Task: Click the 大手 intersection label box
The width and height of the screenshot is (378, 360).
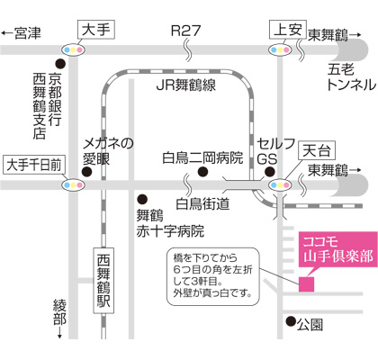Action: coord(96,30)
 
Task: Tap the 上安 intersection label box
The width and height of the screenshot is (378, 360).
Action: coord(288,30)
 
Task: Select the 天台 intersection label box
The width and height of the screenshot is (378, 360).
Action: coord(317,150)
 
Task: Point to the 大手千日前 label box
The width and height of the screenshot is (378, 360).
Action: coord(34,165)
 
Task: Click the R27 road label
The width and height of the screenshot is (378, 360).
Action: coord(185,31)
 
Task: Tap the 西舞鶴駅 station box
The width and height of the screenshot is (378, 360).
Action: coord(103,281)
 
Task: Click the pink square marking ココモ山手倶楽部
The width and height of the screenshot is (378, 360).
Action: coord(306,284)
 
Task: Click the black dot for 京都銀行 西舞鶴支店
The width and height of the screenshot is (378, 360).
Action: coord(60,63)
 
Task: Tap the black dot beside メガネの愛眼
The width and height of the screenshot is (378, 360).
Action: coord(87,172)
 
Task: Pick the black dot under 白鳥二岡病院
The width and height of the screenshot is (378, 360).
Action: coord(202,172)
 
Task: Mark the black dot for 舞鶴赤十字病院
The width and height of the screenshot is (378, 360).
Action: coord(142,199)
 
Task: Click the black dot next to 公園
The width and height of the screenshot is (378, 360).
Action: coord(291,321)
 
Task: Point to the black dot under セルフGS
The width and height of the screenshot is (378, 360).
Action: coord(270,172)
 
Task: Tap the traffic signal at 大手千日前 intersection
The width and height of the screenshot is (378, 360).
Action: coord(73,185)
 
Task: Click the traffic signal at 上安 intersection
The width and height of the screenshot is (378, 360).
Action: coord(280,49)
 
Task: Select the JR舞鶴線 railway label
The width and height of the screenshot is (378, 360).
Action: coord(186,85)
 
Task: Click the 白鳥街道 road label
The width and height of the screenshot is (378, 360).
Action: coord(202,204)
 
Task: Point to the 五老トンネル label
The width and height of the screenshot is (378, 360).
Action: coord(351,77)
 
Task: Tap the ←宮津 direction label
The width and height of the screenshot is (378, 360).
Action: coord(21,33)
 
